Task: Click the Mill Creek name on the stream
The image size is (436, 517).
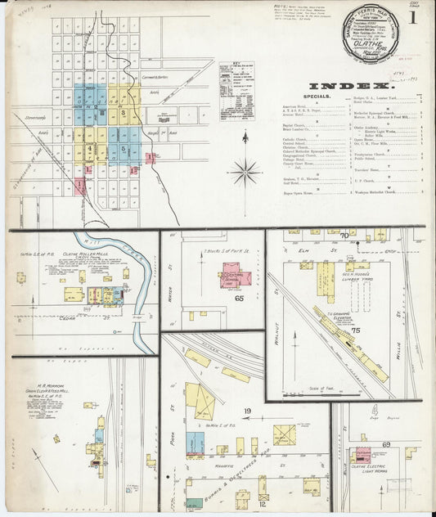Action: (108, 243)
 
